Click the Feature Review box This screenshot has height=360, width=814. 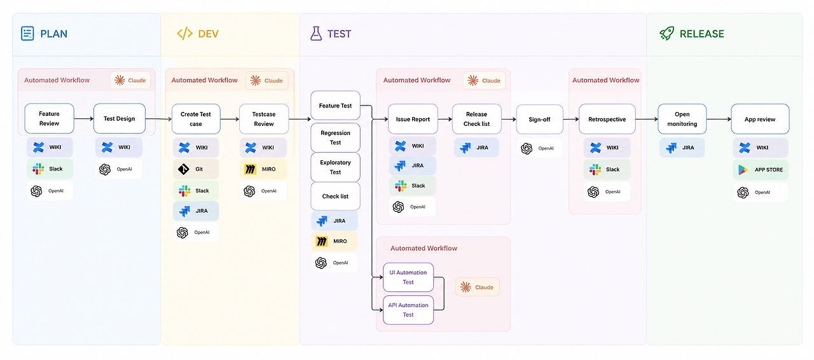coord(49,118)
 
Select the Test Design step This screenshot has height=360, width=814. coord(119,118)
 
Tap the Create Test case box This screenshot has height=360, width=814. coord(196,119)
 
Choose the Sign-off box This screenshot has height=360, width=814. coord(540,120)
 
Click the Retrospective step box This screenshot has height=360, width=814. coord(607,120)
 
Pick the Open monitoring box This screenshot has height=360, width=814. coord(682,119)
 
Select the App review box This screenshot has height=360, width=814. coord(760,119)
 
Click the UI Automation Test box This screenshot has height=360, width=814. coord(408,277)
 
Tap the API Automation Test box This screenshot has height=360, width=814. coord(408,310)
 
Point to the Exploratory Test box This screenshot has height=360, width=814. coord(335,167)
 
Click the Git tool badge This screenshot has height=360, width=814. coord(196,169)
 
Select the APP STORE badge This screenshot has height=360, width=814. coord(761,170)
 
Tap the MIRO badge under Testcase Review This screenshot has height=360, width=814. coord(263,169)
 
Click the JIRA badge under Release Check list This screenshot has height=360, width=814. coord(476,148)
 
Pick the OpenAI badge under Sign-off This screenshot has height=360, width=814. coord(540,148)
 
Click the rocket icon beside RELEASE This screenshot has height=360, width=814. coord(667,34)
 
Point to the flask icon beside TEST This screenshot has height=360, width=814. coord(316,34)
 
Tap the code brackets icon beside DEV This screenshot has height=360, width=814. coord(184,34)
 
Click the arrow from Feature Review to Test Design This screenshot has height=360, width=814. coord(83,118)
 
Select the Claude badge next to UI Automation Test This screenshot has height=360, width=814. coord(478,287)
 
